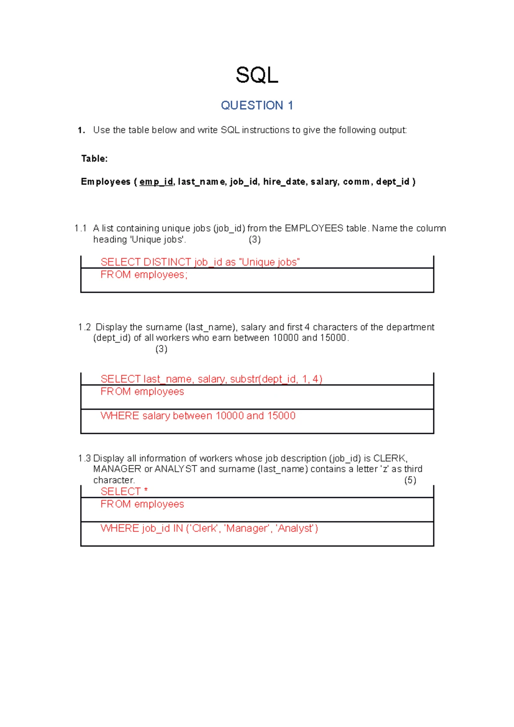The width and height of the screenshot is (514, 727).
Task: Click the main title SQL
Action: [257, 75]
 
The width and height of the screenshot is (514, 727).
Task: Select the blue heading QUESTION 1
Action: [257, 105]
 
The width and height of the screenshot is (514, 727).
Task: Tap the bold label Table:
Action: [94, 159]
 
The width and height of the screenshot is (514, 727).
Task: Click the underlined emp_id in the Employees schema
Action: [156, 182]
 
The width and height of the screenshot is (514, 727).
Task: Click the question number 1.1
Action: [81, 228]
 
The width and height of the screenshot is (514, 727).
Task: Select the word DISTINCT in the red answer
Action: [167, 262]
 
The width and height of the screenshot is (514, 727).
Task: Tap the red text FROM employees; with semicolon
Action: [144, 275]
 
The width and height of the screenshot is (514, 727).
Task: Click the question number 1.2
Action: [84, 327]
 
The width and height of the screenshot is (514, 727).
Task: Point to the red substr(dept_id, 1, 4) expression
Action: [276, 379]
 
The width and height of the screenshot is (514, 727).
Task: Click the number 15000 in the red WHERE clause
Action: [281, 416]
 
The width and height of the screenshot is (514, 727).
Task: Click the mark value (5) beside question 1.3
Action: [410, 480]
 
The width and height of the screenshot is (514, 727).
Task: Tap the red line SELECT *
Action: [124, 492]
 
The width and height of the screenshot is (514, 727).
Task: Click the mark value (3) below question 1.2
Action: [161, 349]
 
